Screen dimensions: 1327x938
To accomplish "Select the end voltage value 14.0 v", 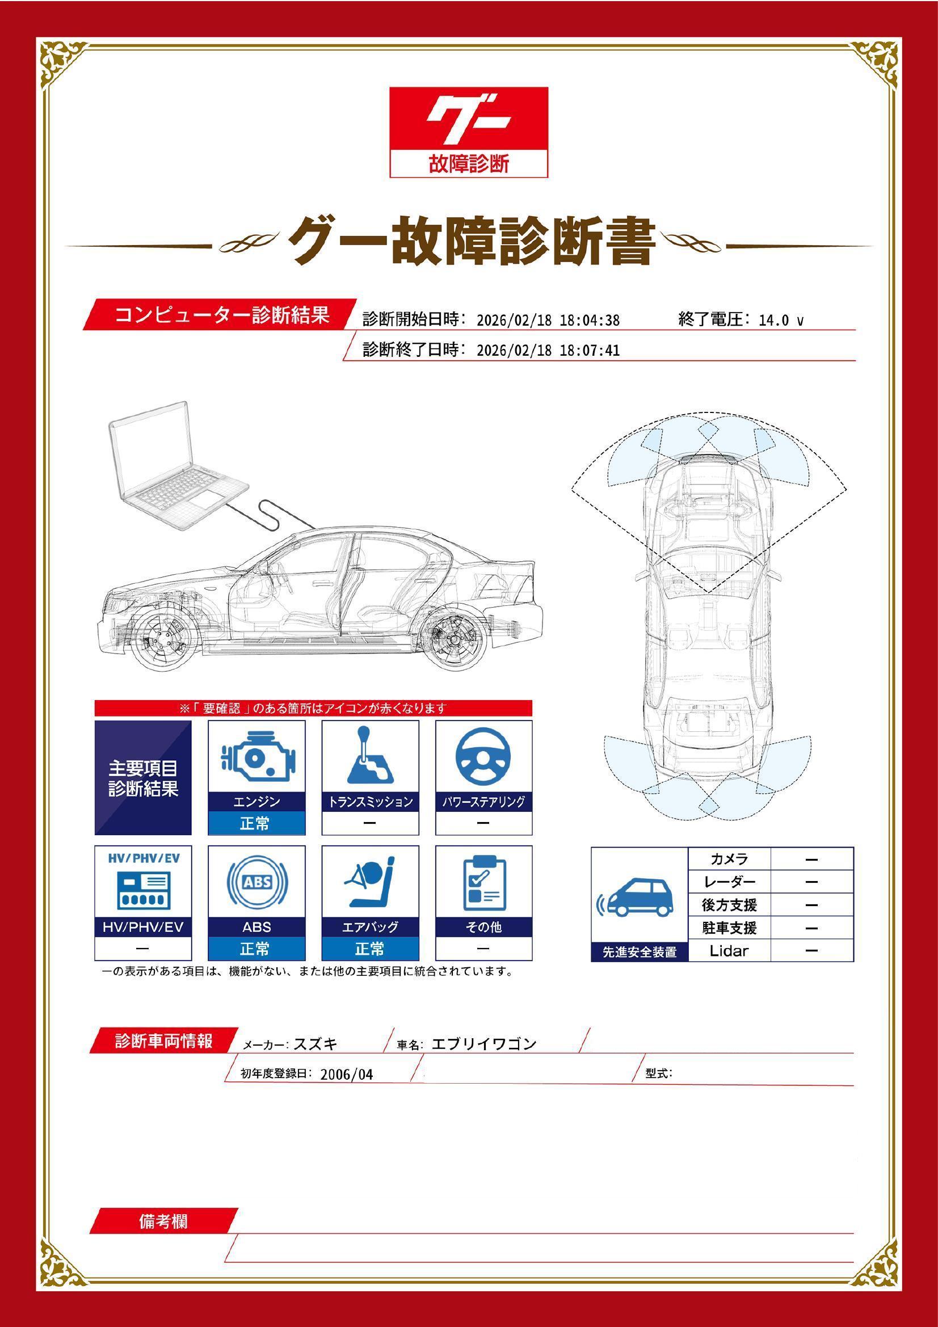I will [781, 320].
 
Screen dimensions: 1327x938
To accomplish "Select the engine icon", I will [256, 758].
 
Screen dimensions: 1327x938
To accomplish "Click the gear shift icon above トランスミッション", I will [370, 757].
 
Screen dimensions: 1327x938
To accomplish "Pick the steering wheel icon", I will [483, 758].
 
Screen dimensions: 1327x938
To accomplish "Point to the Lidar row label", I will [729, 951].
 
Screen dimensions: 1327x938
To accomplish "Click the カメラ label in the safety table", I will [729, 859].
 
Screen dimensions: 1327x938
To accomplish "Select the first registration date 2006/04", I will [346, 1075].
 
